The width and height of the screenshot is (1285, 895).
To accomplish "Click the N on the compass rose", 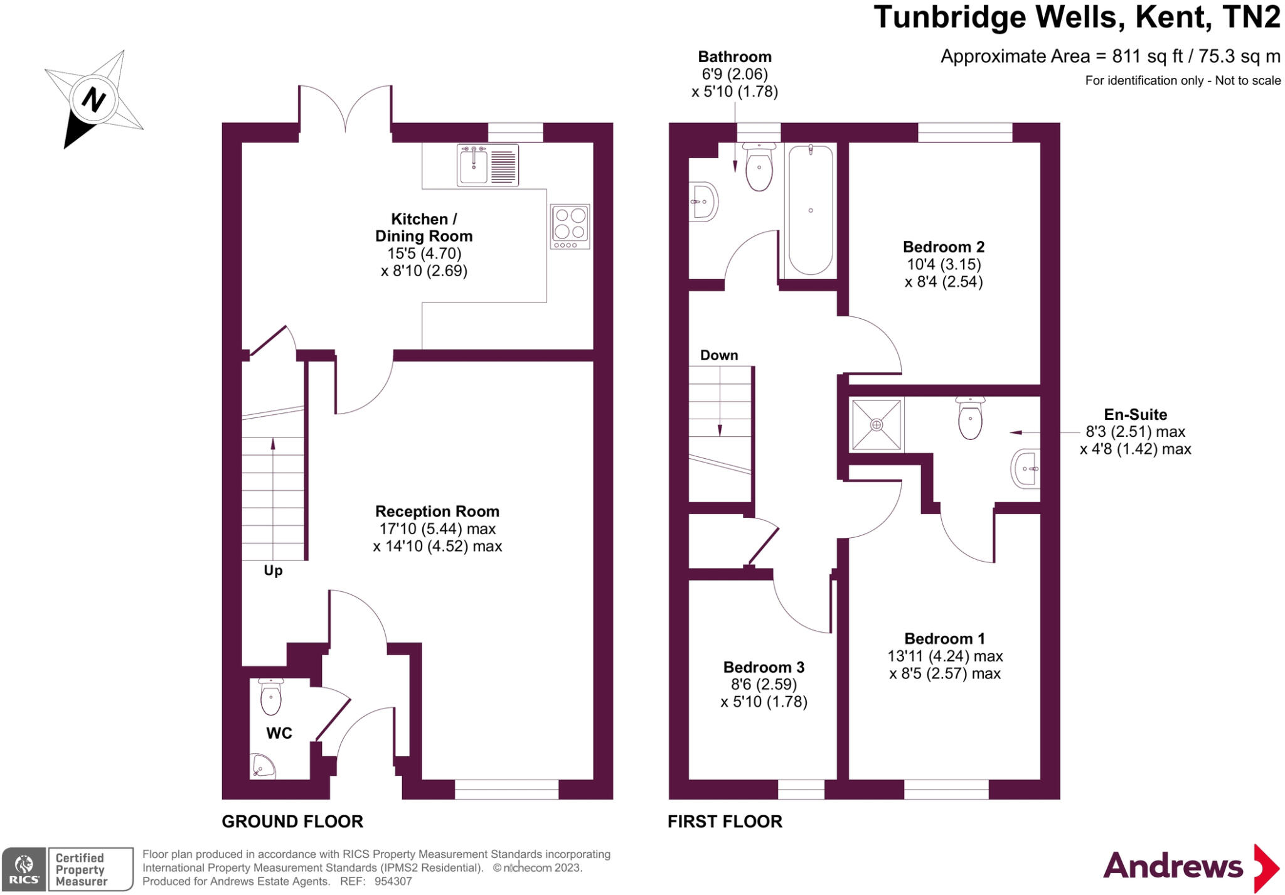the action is click(x=94, y=100).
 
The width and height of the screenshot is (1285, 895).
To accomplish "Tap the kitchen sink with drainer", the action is click(x=488, y=165).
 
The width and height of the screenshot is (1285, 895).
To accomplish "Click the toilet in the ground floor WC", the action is click(x=270, y=697).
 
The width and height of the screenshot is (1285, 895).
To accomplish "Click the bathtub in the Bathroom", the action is click(x=811, y=210).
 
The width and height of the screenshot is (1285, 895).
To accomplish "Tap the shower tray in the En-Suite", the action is click(x=877, y=424).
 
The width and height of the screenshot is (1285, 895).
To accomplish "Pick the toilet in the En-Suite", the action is click(x=970, y=418).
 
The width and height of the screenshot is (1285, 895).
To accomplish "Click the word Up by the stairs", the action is click(x=273, y=571).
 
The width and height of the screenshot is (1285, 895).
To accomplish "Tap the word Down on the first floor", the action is click(x=719, y=355).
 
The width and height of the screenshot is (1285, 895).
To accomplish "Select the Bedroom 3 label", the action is click(x=764, y=667).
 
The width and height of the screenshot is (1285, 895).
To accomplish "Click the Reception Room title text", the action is click(x=437, y=512).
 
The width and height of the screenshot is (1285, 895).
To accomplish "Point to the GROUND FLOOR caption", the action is click(x=292, y=822).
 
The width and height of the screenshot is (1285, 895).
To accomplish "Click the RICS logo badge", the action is click(x=24, y=869).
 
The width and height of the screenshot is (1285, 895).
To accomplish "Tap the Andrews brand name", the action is click(x=1173, y=866).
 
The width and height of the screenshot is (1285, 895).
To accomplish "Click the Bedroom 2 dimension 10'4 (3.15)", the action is click(x=944, y=264).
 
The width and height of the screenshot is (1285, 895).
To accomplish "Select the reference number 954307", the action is click(x=393, y=881).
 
